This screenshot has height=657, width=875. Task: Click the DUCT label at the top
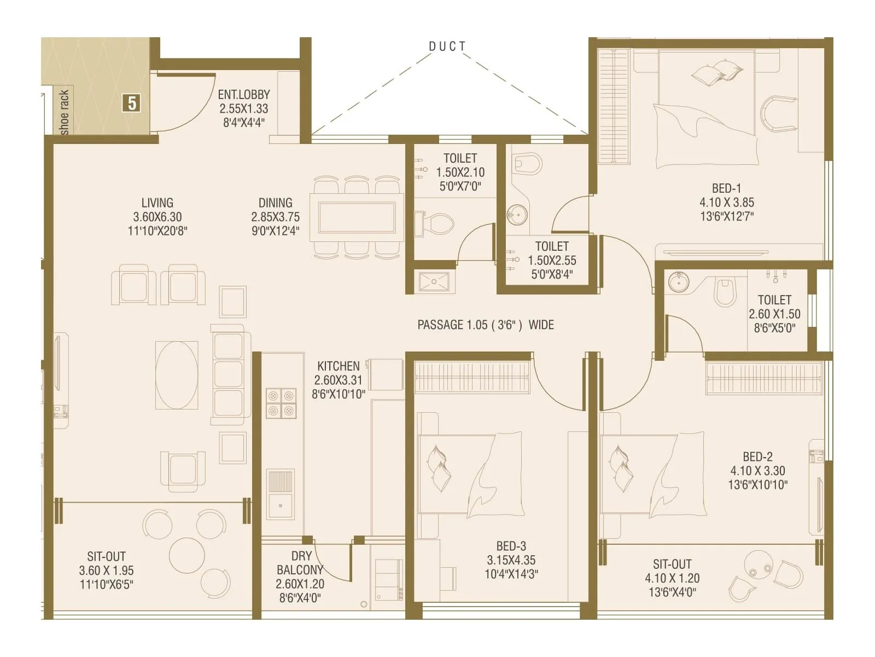[x=447, y=47]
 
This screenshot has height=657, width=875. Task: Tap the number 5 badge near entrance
[x=131, y=103]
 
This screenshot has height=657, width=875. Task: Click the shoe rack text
[x=65, y=112]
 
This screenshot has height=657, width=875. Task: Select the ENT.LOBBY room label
[x=244, y=95]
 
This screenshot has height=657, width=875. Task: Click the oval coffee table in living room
[x=177, y=375]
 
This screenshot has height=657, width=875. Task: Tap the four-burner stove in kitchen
[x=281, y=403]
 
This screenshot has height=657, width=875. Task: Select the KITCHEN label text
[x=339, y=366]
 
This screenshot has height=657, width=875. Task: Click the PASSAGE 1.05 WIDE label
[x=486, y=325]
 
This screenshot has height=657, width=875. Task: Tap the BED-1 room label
[x=727, y=188]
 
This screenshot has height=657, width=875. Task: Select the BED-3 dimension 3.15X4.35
[x=511, y=560]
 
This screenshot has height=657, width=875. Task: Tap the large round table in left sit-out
[x=186, y=555]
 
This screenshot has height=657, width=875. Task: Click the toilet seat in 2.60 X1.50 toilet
[x=726, y=293]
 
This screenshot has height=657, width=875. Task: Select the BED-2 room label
[x=757, y=457]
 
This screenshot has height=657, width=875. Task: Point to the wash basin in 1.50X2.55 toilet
[x=516, y=214]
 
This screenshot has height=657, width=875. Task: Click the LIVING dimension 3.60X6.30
[x=157, y=217]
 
